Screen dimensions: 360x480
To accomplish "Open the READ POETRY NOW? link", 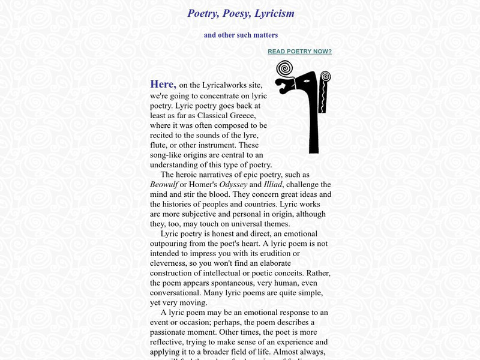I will click(299, 52).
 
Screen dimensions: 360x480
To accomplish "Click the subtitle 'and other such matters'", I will click(241, 35).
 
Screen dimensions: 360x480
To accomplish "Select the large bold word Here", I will click(163, 84).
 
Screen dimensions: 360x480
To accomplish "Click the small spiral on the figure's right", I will click(326, 77).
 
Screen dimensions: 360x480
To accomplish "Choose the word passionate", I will click(172, 332).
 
